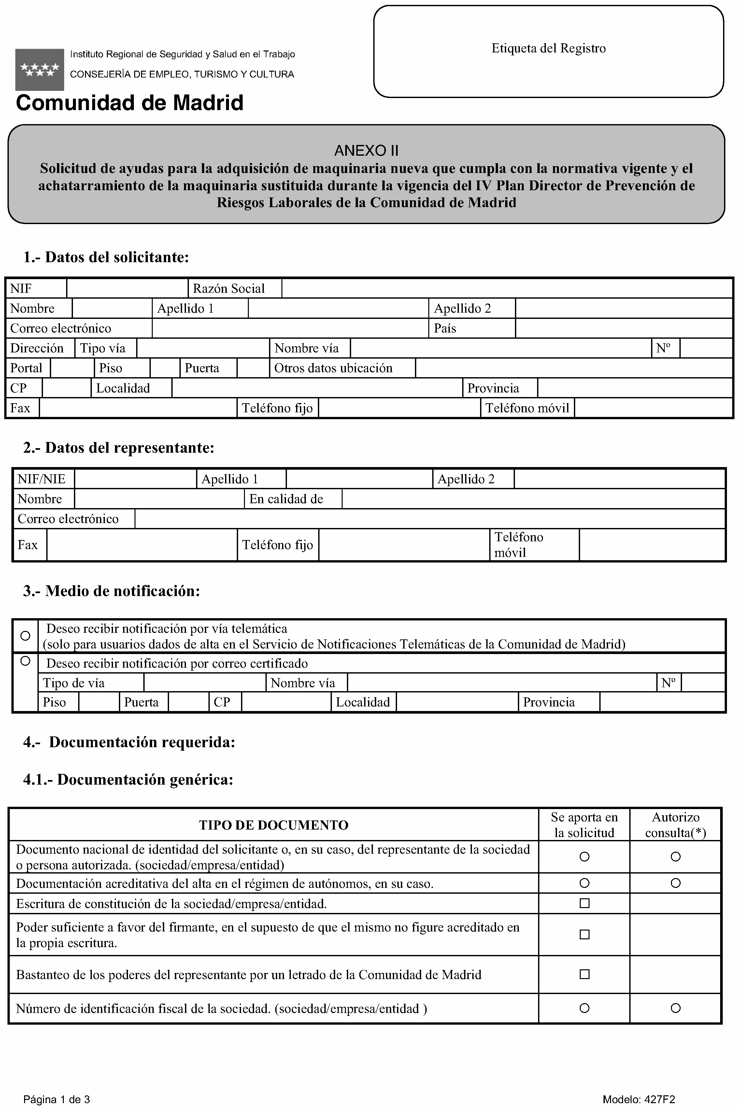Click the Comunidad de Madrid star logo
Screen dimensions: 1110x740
point(40,69)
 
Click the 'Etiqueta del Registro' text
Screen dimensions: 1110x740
point(548,48)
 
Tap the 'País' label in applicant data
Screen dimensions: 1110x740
point(445,328)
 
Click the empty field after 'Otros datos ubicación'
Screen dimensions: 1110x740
point(574,368)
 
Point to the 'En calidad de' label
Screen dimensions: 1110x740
point(286,499)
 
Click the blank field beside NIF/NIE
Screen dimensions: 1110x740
point(135,479)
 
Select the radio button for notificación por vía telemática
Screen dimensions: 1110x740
point(25,636)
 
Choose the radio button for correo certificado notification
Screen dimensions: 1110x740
point(25,661)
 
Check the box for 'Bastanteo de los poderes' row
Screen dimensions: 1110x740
point(584,974)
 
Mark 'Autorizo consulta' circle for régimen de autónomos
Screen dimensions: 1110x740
point(675,883)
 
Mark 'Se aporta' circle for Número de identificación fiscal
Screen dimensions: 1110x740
point(584,1008)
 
